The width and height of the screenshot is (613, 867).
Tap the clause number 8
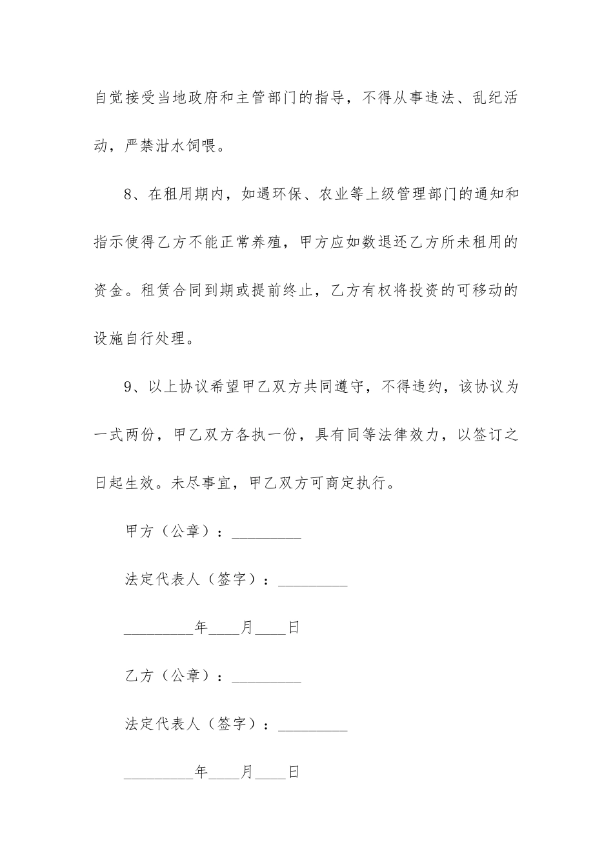pyautogui.click(x=128, y=195)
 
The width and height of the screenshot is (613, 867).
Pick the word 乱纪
pyautogui.click(x=475, y=99)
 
